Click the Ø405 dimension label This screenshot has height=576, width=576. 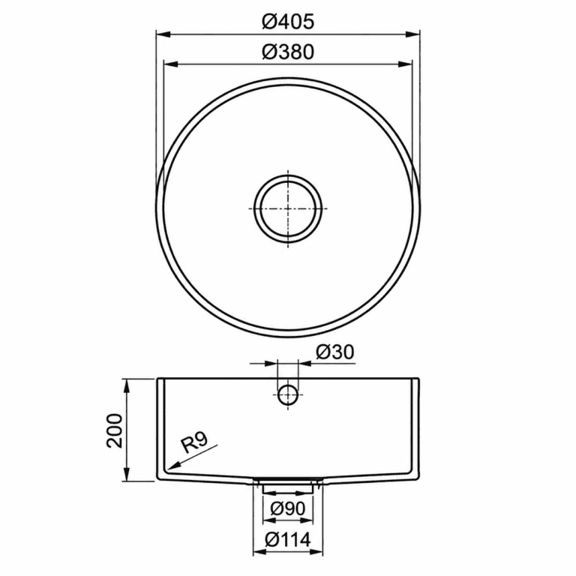288,22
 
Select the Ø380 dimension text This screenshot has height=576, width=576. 288,52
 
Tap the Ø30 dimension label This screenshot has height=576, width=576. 334,352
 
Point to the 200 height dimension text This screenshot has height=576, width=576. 114,430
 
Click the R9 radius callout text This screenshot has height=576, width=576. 194,442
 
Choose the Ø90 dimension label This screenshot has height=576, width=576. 288,508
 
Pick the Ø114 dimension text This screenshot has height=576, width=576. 288,540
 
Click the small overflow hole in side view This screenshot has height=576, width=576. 288,394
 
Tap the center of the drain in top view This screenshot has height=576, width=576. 288,208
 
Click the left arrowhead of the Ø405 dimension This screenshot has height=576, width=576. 163,34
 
